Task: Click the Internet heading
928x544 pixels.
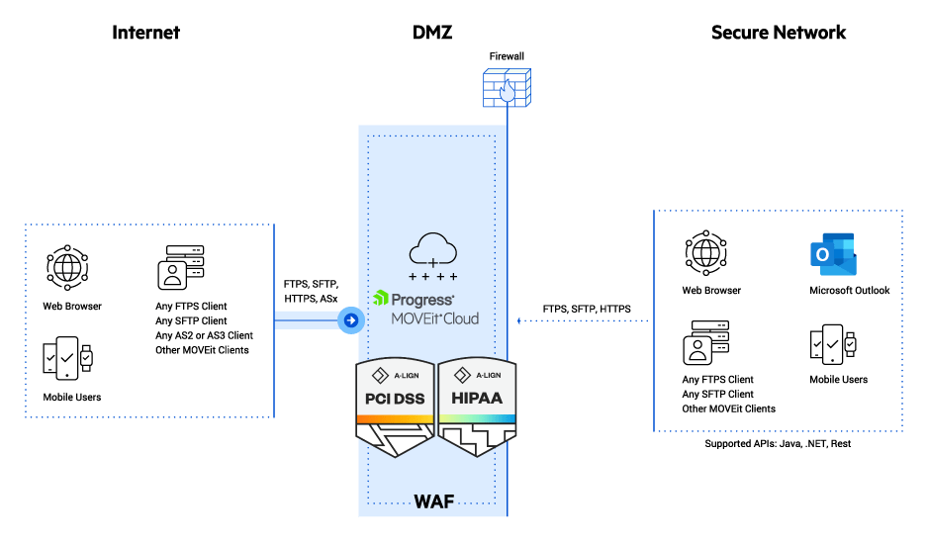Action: (145, 33)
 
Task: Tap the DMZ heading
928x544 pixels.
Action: (432, 33)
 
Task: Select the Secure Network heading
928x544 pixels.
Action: (779, 33)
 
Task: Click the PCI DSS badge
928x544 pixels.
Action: (394, 407)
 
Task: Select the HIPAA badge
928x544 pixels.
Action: (478, 407)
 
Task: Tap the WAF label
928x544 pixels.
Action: (433, 500)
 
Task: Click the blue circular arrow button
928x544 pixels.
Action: (350, 319)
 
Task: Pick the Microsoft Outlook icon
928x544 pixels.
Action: (832, 255)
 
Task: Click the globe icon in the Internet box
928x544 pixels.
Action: (68, 267)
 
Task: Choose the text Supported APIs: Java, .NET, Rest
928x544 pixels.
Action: (778, 444)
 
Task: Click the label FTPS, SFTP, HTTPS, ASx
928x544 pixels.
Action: (310, 291)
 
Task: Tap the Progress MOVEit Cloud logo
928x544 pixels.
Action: (425, 308)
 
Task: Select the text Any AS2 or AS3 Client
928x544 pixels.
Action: (204, 335)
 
